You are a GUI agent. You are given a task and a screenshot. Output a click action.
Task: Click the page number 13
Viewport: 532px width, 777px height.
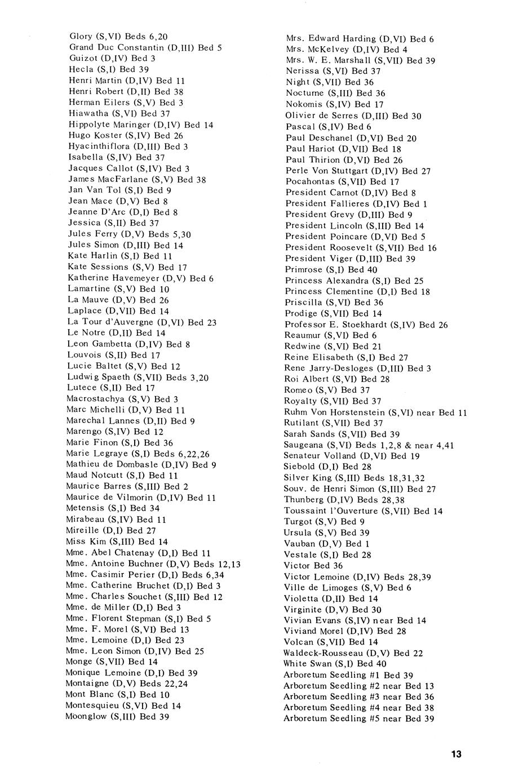(x=456, y=754)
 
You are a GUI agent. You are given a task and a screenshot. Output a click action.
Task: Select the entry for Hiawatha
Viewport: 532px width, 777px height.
(x=119, y=113)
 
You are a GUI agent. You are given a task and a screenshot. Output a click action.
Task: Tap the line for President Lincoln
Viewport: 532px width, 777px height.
(x=354, y=225)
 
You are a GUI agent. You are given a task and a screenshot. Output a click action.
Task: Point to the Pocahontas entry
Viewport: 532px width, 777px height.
(x=342, y=182)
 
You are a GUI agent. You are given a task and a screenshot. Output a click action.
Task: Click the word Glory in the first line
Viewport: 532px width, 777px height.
(x=82, y=36)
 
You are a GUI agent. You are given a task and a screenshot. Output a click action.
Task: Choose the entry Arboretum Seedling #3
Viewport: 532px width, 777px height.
(x=358, y=697)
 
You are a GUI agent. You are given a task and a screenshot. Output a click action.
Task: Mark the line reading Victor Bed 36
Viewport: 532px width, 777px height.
(x=313, y=566)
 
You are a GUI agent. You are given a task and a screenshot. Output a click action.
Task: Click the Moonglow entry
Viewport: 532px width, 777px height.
(x=117, y=717)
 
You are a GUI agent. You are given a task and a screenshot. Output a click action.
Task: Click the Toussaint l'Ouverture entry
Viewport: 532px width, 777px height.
(x=363, y=511)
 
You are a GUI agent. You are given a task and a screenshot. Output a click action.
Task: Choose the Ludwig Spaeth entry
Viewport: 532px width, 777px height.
(x=138, y=377)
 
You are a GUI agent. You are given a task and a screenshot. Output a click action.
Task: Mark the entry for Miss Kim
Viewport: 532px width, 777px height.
(x=117, y=541)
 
